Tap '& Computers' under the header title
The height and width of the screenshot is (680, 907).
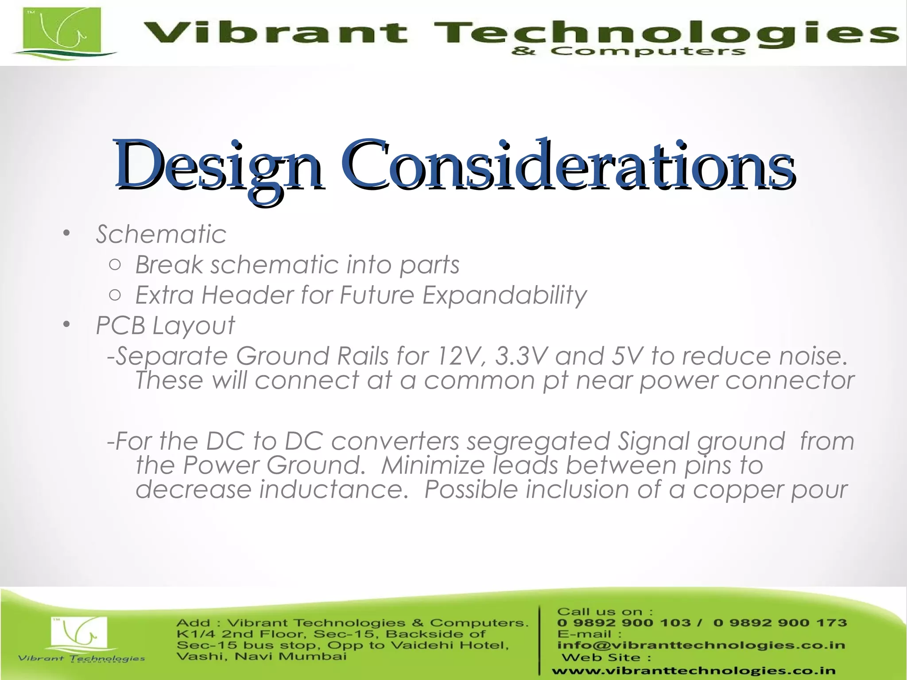point(628,52)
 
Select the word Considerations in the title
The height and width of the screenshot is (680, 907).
point(568,166)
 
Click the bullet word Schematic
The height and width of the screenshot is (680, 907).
point(161,234)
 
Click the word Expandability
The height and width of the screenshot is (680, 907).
point(504,295)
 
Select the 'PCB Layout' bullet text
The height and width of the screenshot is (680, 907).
point(165,326)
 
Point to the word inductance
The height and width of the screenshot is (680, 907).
point(333,490)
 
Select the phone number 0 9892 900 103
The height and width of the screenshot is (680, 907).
point(624,623)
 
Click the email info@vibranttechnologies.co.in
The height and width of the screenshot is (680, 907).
point(701,645)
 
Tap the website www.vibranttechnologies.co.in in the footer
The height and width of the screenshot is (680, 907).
point(693,671)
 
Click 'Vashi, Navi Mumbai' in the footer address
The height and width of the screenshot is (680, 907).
point(261,656)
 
